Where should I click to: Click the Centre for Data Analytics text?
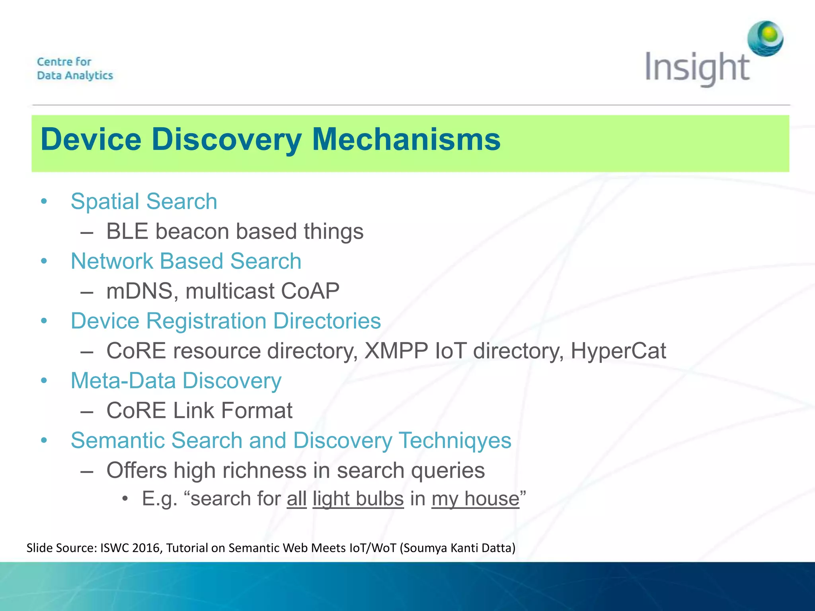pyautogui.click(x=75, y=68)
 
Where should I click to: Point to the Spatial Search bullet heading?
pyautogui.click(x=144, y=201)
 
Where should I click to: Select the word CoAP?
pyautogui.click(x=310, y=291)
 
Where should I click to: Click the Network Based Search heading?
pyautogui.click(x=186, y=261)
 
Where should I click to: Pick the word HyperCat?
pyautogui.click(x=618, y=351)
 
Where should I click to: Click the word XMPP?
pyautogui.click(x=396, y=351)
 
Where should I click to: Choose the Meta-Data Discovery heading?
pyautogui.click(x=176, y=381)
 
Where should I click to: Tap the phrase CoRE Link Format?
pyautogui.click(x=199, y=411)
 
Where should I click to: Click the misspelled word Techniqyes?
pyautogui.click(x=455, y=441)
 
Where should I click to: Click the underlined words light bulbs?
pyautogui.click(x=358, y=499)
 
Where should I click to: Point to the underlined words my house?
pyautogui.click(x=475, y=499)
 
